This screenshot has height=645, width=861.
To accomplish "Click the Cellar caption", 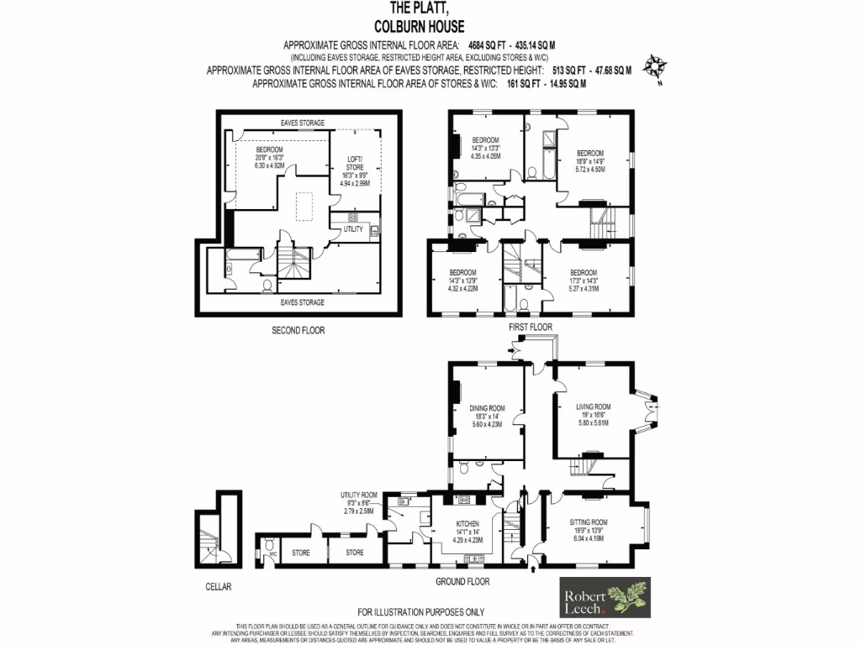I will tap(215, 586).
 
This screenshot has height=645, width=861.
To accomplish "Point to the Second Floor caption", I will tap(298, 330).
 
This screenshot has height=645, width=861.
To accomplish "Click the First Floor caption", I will tap(531, 326).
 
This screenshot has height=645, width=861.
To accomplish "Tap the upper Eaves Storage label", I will tap(301, 123).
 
